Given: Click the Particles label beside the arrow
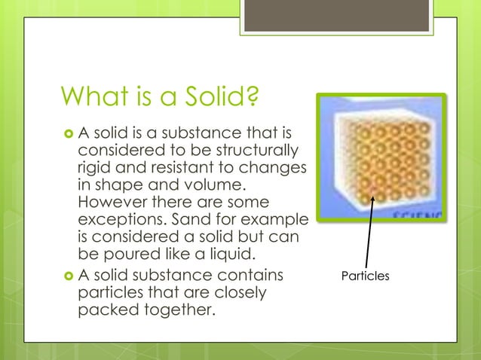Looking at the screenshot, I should pyautogui.click(x=365, y=276).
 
